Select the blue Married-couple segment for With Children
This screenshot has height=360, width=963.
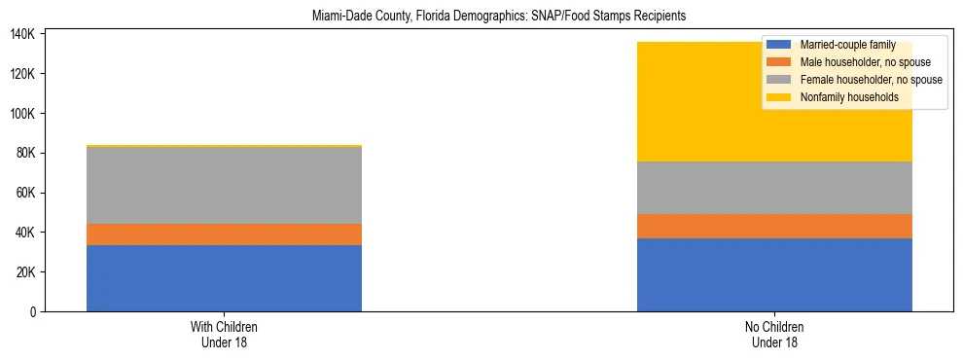[224, 278]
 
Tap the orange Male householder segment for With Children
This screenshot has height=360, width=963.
[224, 234]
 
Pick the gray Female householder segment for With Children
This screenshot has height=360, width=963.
[224, 186]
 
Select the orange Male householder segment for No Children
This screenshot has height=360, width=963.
[774, 226]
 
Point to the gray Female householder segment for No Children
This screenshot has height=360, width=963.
[774, 188]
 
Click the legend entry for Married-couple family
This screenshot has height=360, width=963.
[842, 45]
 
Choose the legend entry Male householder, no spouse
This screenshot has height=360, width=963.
[856, 62]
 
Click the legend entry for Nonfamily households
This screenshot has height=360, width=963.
[841, 97]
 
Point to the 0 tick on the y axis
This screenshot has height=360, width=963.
[32, 312]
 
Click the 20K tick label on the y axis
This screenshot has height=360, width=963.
[25, 272]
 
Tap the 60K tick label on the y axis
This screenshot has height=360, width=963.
[25, 193]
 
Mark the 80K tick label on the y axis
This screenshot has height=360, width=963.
[25, 153]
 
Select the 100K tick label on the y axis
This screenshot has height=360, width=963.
[22, 114]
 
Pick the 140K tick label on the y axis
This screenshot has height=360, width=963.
[22, 34]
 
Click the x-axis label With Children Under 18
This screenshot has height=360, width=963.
[224, 335]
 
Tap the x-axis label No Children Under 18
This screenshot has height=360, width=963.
[774, 335]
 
